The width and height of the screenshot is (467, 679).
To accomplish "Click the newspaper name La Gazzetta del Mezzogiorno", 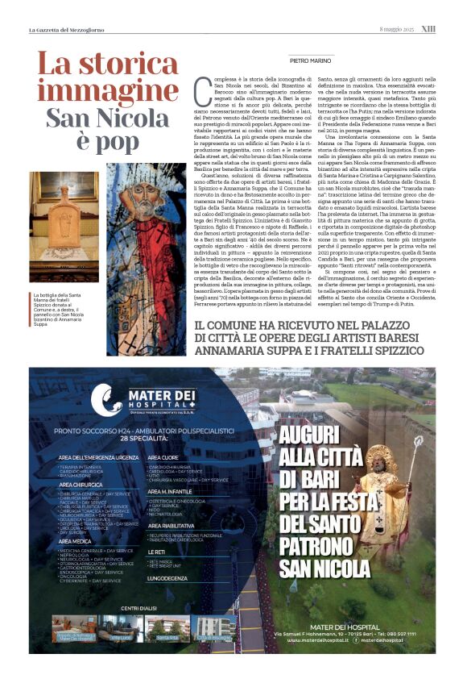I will tap(68, 30).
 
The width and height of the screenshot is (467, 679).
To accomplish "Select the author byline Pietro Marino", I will tap(309, 60).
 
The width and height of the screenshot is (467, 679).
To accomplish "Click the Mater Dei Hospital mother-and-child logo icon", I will tap(107, 398).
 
